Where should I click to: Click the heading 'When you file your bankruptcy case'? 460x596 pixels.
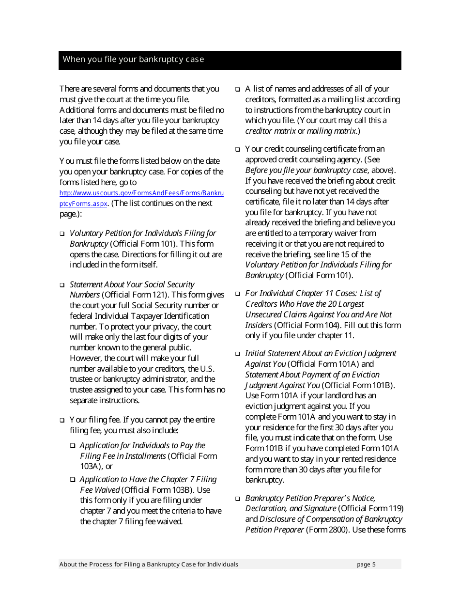click(x=133, y=60)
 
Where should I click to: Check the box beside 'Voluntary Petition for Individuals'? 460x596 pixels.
click(x=62, y=234)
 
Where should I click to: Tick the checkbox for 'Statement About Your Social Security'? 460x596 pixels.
click(x=62, y=285)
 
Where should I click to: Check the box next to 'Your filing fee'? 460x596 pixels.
click(x=62, y=421)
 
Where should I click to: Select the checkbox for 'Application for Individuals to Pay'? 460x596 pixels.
click(x=73, y=446)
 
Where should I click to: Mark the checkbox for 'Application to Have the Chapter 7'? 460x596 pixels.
click(x=73, y=480)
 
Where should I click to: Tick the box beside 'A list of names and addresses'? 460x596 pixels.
click(x=238, y=90)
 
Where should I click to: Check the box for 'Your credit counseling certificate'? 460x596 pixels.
click(x=238, y=150)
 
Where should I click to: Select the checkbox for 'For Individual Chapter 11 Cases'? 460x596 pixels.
click(x=238, y=294)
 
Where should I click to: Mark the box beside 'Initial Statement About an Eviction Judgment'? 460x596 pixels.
click(x=238, y=354)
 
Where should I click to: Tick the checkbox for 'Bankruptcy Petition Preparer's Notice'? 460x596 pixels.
click(x=238, y=499)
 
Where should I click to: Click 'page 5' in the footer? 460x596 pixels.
click(x=366, y=565)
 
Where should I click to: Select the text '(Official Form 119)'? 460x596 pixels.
click(x=371, y=509)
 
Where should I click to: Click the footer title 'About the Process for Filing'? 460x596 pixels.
click(x=149, y=565)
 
